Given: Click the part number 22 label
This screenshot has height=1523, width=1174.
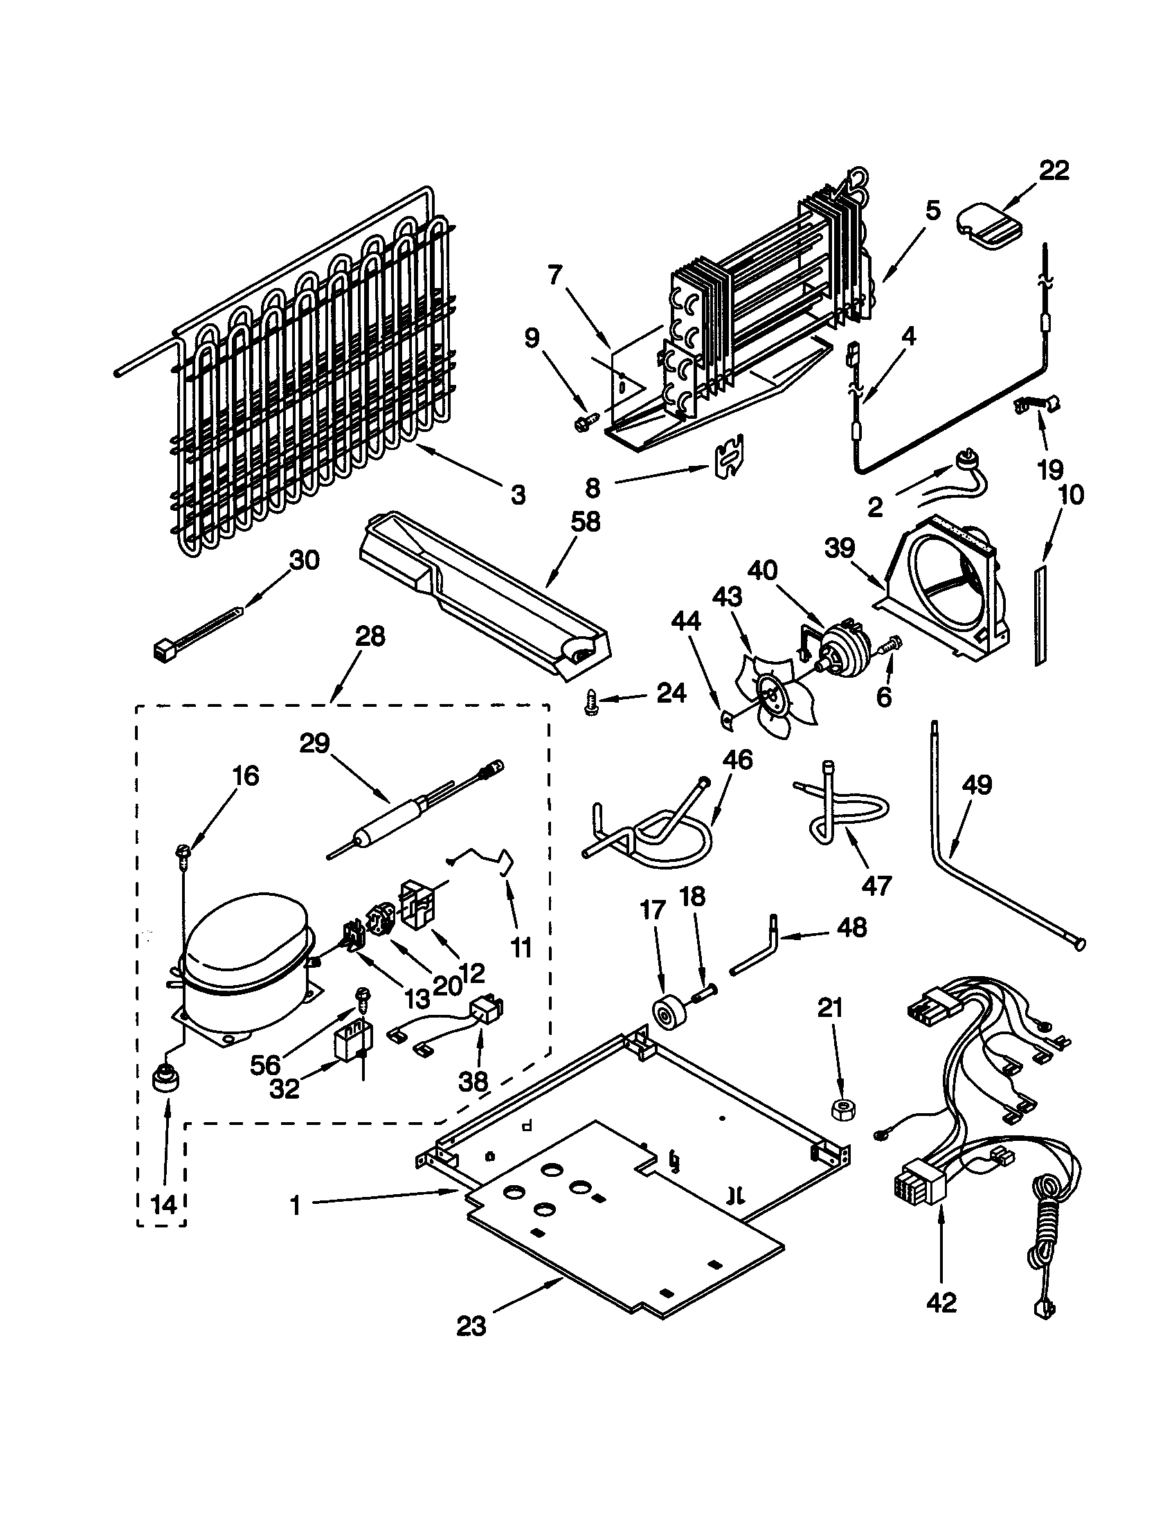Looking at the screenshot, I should click(1054, 171).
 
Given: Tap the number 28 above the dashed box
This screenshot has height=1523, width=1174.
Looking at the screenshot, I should click(370, 636).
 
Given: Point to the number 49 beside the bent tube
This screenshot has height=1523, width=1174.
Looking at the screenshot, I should click(976, 785).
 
